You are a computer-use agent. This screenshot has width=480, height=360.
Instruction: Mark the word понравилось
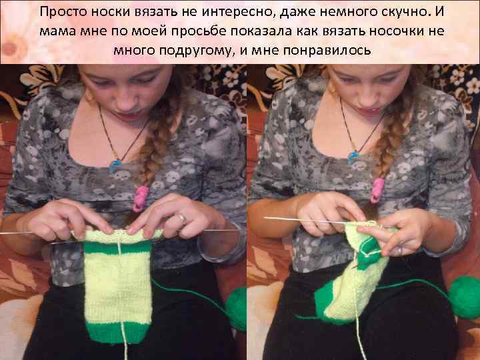[327, 51]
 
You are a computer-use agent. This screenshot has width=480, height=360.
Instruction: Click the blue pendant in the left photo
[115, 165]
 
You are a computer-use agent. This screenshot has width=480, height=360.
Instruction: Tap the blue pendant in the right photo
[352, 157]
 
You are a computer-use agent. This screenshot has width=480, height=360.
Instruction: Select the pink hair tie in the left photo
[140, 198]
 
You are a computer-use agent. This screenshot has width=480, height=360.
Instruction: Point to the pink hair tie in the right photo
[377, 191]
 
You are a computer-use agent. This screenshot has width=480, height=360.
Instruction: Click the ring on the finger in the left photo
[183, 218]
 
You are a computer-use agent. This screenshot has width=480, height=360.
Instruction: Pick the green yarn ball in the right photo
[465, 297]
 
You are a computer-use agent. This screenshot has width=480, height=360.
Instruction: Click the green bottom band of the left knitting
[118, 333]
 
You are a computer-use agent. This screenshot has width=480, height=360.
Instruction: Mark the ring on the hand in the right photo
[400, 250]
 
